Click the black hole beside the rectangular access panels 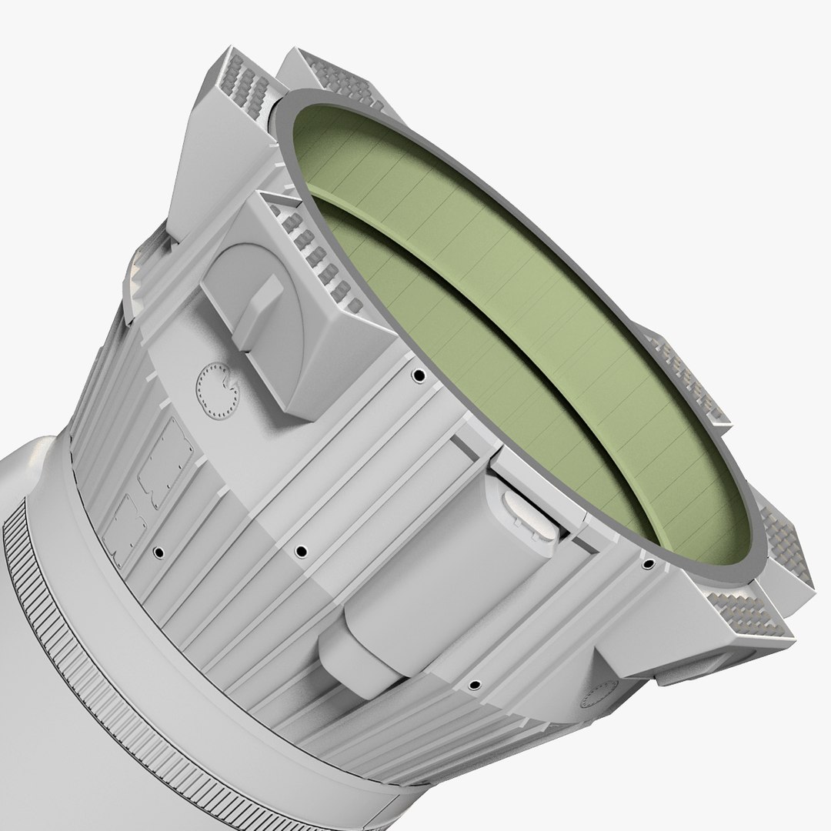(158, 552)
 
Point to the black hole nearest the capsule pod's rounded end (474, 684)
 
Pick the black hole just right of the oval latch (648, 564)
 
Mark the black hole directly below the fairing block (419, 376)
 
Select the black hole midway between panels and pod (301, 550)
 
